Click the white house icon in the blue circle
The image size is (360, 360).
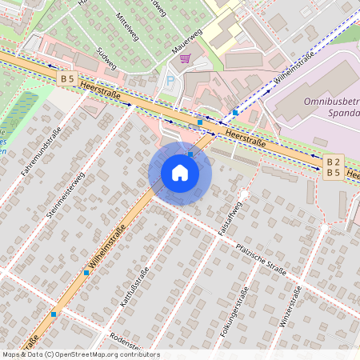[x=180, y=173]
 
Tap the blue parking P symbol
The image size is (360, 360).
[x=169, y=80]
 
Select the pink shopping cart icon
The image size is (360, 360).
[x=186, y=58]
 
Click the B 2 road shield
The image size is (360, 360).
[x=334, y=162]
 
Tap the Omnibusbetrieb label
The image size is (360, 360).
[x=331, y=102]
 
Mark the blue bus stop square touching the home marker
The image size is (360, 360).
[x=190, y=154]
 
